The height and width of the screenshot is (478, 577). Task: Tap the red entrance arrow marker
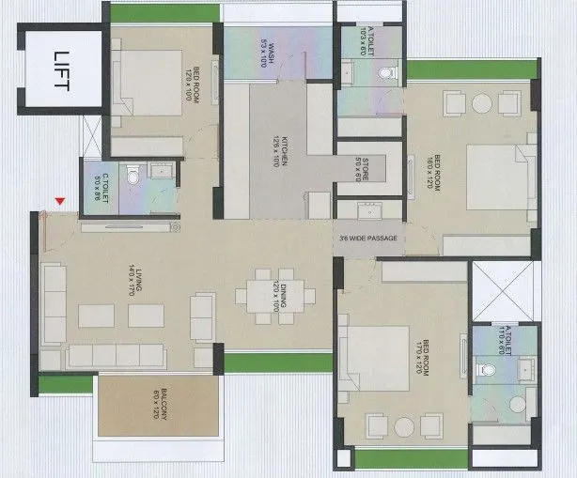pos(61,201)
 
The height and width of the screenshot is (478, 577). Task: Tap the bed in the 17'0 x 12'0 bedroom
pos(375,362)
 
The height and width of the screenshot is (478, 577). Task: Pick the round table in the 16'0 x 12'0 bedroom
pos(481,102)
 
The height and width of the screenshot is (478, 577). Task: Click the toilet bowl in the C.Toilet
pos(133,175)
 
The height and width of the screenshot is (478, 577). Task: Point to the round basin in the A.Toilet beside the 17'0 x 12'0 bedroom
pos(516,404)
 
